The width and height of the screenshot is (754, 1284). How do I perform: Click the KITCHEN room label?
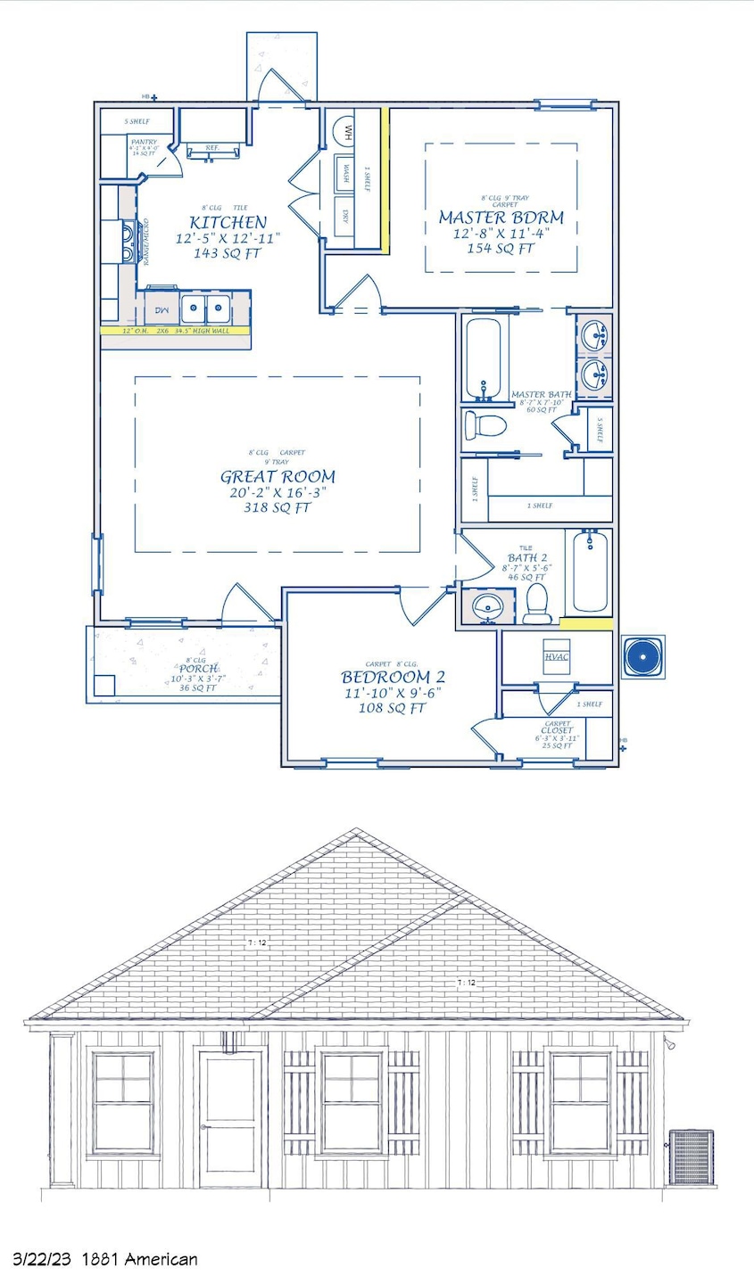click(x=227, y=222)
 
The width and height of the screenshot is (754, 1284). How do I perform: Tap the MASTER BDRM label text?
click(x=501, y=218)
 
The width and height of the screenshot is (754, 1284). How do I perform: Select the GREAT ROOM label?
click(x=278, y=476)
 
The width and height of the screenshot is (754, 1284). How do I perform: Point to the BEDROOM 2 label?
click(x=393, y=676)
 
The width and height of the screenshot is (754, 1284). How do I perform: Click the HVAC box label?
click(x=556, y=657)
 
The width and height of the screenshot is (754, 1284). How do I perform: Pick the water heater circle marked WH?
click(x=345, y=134)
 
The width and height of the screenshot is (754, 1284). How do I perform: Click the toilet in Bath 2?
click(x=536, y=604)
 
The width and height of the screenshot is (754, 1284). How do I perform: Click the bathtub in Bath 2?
click(x=589, y=572)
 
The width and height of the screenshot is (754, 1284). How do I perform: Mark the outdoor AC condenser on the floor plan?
click(x=642, y=657)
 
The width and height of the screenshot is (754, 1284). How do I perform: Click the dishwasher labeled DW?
click(x=162, y=309)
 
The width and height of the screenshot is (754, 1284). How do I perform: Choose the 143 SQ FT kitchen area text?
click(x=227, y=252)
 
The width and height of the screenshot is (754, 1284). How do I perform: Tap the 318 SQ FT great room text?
click(x=278, y=508)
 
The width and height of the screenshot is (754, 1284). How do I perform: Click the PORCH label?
click(x=197, y=669)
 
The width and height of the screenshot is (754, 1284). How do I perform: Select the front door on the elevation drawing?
click(x=230, y=1120)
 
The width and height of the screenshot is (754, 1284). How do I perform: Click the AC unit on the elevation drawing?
click(x=691, y=1157)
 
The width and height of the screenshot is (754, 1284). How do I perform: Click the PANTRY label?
click(x=144, y=142)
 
